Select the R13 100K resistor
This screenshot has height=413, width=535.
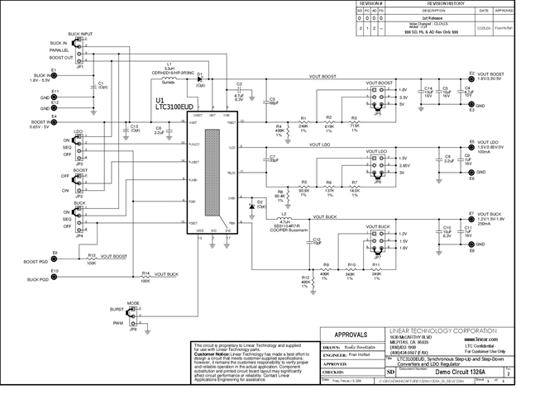tap(91, 261)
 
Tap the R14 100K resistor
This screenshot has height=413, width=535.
tap(146, 276)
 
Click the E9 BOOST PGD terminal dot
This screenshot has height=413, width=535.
tap(55, 257)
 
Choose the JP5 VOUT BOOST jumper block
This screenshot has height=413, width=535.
tap(379, 97)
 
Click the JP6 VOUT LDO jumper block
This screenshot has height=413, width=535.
tap(379, 165)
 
